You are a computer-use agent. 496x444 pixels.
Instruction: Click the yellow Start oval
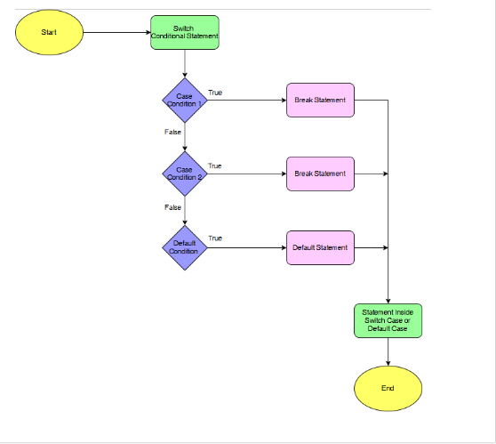tap(49, 32)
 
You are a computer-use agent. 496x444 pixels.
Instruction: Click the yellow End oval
tap(388, 389)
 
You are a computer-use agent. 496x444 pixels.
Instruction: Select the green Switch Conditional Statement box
tap(185, 32)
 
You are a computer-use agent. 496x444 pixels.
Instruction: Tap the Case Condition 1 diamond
tap(185, 100)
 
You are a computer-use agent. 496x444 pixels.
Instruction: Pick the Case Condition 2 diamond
tap(185, 174)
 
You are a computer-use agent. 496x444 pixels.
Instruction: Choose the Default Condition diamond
tap(185, 247)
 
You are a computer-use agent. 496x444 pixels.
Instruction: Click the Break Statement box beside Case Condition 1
tap(320, 100)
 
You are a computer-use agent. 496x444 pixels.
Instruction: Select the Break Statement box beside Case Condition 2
tap(320, 174)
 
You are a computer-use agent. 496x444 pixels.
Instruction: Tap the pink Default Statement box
tap(320, 247)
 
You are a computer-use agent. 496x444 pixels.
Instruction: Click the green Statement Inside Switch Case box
tap(388, 320)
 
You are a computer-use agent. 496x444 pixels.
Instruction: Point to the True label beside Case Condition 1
tap(215, 93)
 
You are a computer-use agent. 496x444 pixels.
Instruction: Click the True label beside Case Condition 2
tap(215, 166)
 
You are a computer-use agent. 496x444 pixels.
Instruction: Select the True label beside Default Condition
tap(215, 238)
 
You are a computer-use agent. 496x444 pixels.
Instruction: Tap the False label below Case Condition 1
tap(172, 133)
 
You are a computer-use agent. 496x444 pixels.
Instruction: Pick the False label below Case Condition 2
tap(172, 206)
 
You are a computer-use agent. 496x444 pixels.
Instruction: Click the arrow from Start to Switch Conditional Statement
tap(116, 32)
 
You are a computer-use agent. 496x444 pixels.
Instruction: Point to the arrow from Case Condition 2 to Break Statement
tap(246, 174)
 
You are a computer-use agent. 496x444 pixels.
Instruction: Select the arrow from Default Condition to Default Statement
tap(246, 247)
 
